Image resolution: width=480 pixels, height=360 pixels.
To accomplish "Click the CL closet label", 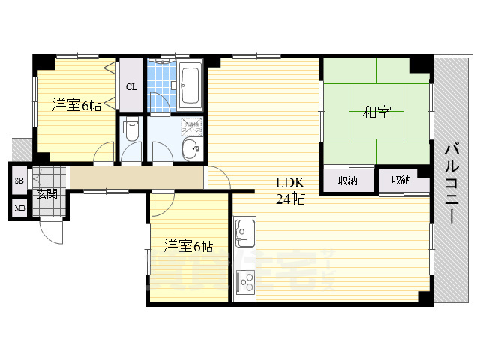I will (131, 86).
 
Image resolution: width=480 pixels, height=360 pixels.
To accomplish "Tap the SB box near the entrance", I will (19, 181).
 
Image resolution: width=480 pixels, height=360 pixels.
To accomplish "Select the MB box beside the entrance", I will (19, 208).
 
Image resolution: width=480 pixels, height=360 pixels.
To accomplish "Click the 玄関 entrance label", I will (46, 194).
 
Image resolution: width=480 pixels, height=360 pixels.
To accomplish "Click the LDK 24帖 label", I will (289, 190).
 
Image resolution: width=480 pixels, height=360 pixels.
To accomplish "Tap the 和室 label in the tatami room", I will (376, 112).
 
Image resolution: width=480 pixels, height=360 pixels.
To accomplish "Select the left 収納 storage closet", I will (346, 180).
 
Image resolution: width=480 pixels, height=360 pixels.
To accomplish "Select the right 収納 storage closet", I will (400, 180).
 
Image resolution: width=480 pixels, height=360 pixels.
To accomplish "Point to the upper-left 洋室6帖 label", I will (76, 105).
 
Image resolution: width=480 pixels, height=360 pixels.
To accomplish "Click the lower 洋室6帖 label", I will (188, 245).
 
